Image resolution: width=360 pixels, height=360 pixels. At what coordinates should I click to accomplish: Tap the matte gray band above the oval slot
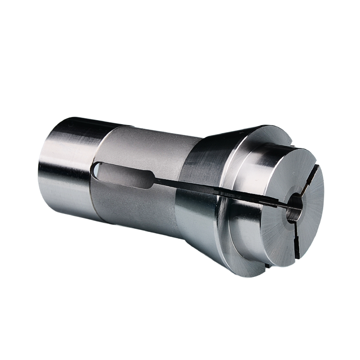144,144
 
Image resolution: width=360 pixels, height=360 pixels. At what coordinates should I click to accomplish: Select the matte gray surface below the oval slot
135,211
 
